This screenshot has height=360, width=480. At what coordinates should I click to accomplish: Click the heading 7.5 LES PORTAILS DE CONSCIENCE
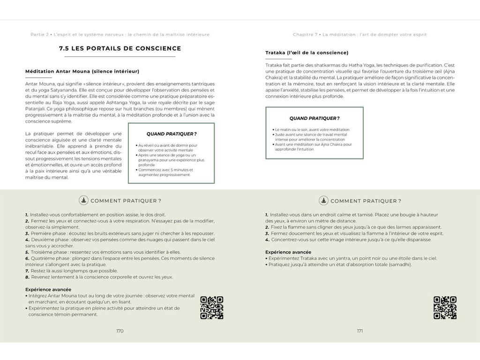click(x=120, y=48)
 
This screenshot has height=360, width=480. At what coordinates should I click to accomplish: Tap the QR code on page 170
click(x=211, y=308)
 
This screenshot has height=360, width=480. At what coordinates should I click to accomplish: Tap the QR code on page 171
click(x=445, y=308)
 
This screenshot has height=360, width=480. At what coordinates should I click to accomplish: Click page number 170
click(x=120, y=331)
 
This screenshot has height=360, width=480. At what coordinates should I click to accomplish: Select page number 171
click(x=360, y=331)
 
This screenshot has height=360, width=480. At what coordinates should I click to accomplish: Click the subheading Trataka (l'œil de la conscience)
click(x=307, y=52)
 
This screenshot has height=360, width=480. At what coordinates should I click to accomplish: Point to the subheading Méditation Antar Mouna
click(x=82, y=71)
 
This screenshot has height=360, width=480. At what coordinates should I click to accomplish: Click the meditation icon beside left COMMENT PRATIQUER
click(x=83, y=201)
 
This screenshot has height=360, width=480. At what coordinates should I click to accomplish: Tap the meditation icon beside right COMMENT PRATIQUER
click(x=323, y=201)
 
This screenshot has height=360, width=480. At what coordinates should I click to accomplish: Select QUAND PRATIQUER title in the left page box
click(x=171, y=134)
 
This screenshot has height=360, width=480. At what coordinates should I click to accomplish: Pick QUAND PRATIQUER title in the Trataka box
click(x=314, y=119)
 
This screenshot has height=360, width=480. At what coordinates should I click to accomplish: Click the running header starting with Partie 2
click(x=120, y=34)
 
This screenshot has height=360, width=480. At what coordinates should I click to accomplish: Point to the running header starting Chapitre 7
click(x=360, y=34)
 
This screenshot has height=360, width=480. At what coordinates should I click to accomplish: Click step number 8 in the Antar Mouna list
click(x=27, y=277)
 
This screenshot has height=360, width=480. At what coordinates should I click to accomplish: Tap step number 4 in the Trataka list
click(x=267, y=240)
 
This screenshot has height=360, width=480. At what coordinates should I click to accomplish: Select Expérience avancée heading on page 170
click(x=48, y=289)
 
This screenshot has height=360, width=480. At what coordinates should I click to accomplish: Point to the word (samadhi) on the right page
click(x=399, y=264)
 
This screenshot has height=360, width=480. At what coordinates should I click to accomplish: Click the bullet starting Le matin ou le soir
click(x=312, y=129)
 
